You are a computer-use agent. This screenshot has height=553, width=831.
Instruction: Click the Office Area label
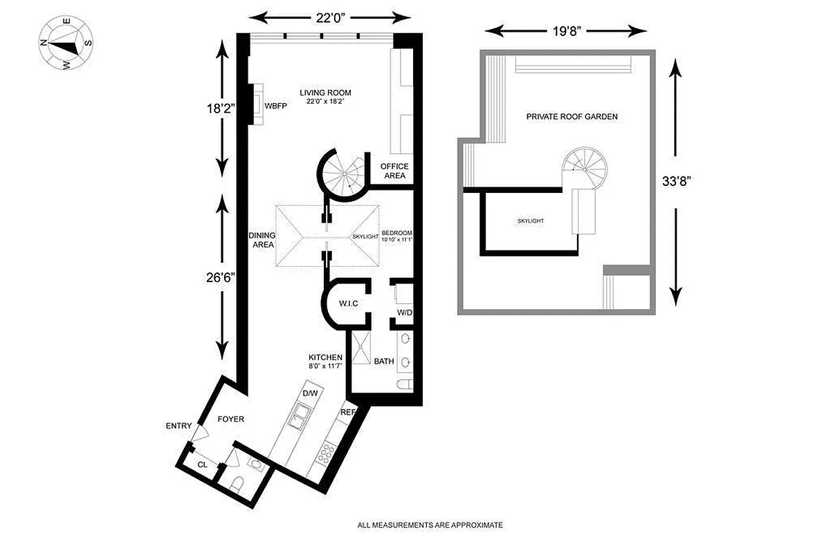[x=394, y=171]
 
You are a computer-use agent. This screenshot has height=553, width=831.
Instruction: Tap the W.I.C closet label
[x=347, y=303]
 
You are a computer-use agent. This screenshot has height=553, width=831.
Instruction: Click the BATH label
[x=384, y=361]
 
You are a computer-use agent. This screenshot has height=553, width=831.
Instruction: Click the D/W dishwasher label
[x=310, y=393]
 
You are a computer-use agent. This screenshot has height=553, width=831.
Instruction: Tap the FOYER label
[x=230, y=419]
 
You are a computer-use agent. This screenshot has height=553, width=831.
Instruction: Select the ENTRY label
[x=179, y=426]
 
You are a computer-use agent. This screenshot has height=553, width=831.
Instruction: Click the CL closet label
[x=202, y=465]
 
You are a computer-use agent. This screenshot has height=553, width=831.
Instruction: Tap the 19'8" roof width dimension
[x=565, y=30]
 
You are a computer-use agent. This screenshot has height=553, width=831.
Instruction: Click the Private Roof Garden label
[x=572, y=117]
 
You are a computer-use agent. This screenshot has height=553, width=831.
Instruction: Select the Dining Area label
[x=262, y=240]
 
